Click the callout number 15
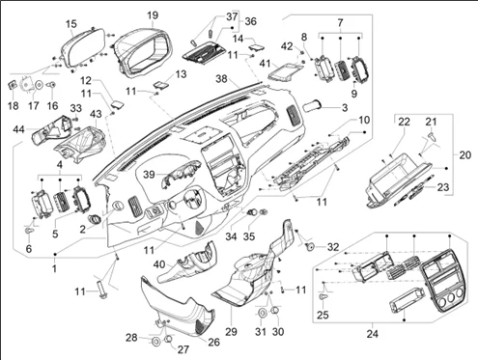click(x=71, y=22)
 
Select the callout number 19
click(x=153, y=15)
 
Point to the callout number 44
click(x=18, y=129)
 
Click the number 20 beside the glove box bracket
click(x=464, y=154)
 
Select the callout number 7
click(x=340, y=20)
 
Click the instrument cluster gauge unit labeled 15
click(x=83, y=48)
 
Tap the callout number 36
click(x=250, y=21)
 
